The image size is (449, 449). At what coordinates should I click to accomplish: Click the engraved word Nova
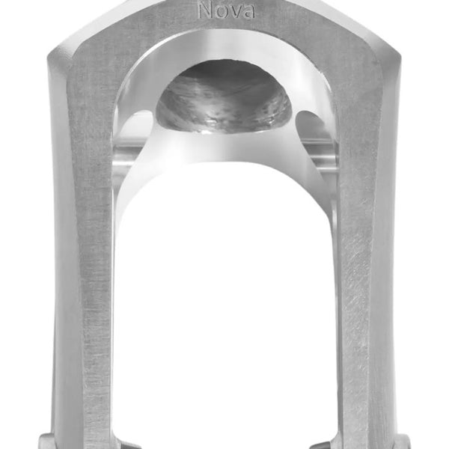224,11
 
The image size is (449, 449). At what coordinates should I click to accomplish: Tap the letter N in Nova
204,10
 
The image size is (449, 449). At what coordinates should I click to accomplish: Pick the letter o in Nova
219,12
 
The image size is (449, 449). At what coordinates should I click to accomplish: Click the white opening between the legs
224,299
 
